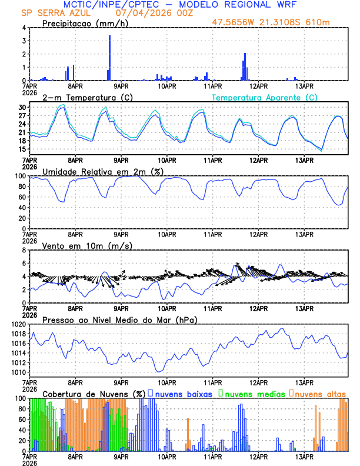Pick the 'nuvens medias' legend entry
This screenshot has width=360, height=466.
click(252, 393)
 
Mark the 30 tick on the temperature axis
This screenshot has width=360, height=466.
click(22, 108)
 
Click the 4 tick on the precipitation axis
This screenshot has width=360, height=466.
click(24, 28)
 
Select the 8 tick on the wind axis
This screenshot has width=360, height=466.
click(24, 250)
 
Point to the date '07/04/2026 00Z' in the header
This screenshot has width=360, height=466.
click(133, 13)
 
